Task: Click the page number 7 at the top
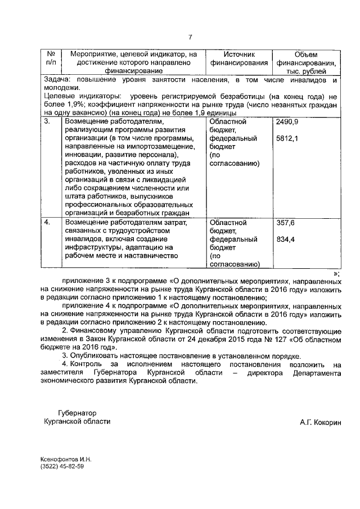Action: click(190, 37)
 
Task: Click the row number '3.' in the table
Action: click(48, 121)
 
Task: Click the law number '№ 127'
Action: click(263, 340)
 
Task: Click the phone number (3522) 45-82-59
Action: click(62, 466)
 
